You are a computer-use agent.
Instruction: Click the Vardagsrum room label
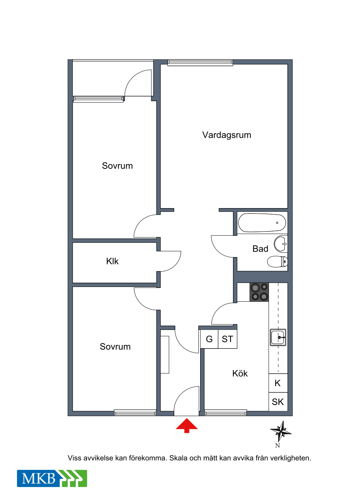(226, 135)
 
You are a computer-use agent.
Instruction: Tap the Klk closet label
(112, 261)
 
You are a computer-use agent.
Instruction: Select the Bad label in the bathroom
(260, 249)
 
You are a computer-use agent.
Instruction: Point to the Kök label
(240, 373)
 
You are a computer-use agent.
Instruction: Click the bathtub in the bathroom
(262, 222)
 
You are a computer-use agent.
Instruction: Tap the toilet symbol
(277, 262)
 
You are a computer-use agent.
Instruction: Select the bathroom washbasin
(280, 244)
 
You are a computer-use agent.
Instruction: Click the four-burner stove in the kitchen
(259, 292)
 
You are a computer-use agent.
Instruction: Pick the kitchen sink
(278, 337)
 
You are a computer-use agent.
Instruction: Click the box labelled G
(209, 339)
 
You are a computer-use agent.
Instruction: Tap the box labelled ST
(228, 339)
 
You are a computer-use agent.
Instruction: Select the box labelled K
(278, 383)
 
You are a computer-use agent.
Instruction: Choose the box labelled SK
(278, 402)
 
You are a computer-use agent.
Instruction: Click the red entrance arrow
(187, 426)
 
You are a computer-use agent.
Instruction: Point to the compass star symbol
(281, 431)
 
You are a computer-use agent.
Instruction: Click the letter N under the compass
(278, 445)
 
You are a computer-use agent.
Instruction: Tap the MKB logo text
(38, 478)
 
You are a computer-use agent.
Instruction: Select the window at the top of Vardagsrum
(200, 63)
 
